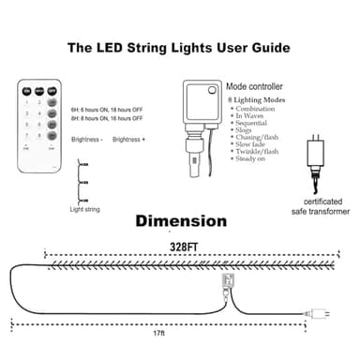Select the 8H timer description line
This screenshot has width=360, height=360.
[x=107, y=119]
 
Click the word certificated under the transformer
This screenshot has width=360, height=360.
[x=322, y=202]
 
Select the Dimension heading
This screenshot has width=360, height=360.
[x=180, y=222]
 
